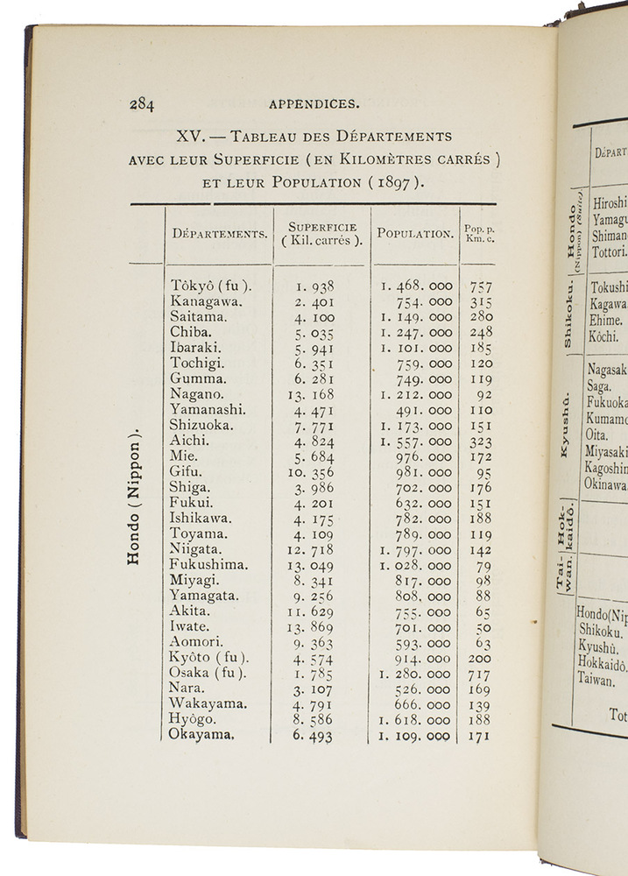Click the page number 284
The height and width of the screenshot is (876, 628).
tap(141, 103)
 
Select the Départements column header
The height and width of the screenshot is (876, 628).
tap(220, 234)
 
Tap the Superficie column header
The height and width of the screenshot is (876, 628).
tap(321, 234)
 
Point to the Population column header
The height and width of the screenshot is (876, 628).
tap(415, 234)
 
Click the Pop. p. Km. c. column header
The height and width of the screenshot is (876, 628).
tap(479, 234)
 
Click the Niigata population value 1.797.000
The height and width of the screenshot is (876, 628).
tap(416, 550)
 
